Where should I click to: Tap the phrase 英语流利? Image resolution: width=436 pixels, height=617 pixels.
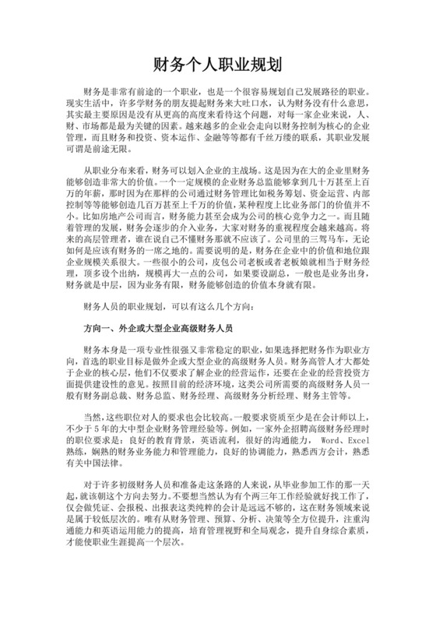(227, 442)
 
